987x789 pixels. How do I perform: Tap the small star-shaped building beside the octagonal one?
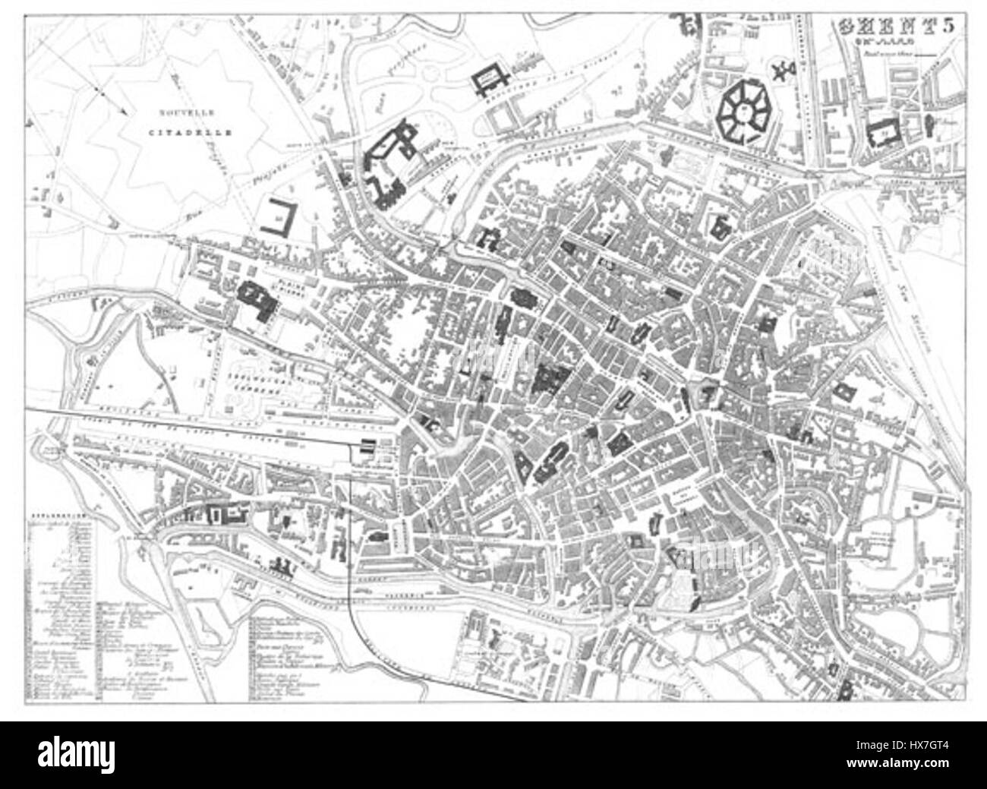click(x=782, y=73)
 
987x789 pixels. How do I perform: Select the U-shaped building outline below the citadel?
click(x=278, y=218)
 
